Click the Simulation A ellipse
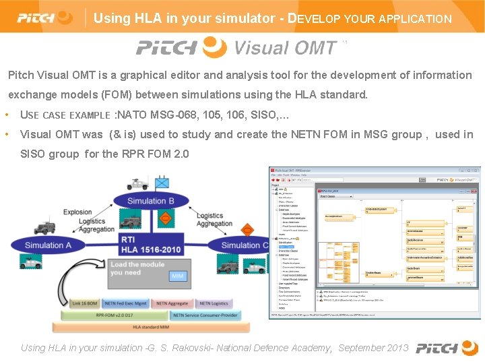[x=48, y=245]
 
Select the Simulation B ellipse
[x=151, y=200]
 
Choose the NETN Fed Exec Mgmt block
[x=125, y=303]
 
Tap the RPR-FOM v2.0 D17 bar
[x=115, y=315]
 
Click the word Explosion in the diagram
[x=77, y=212]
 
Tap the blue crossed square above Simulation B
[x=162, y=182]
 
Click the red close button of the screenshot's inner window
[x=477, y=171]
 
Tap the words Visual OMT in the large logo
[x=285, y=48]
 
